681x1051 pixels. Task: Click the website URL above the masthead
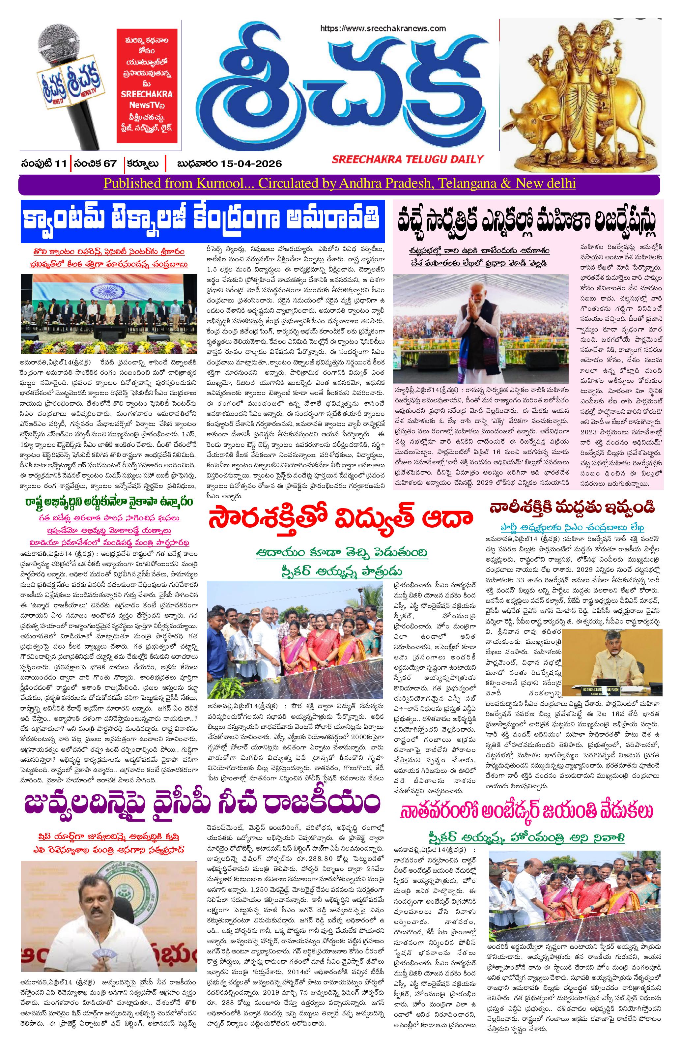(x=383, y=28)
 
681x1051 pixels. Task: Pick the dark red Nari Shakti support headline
(x=572, y=508)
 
